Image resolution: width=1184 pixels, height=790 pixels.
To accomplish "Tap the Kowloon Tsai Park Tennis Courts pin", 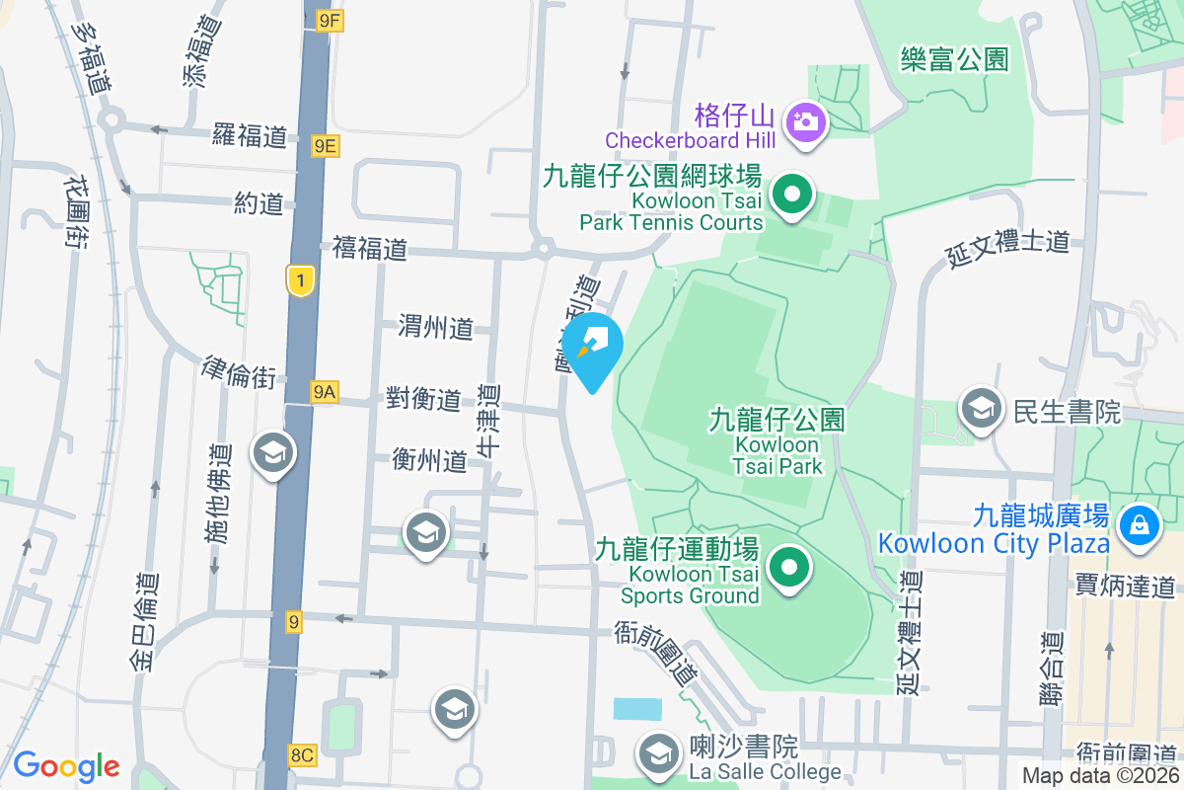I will coord(791,195).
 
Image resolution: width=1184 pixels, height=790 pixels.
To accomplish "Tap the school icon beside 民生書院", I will coord(981,409).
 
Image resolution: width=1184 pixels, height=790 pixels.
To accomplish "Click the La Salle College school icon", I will coord(657,754).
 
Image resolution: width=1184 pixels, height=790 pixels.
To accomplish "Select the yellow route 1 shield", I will coord(301,281).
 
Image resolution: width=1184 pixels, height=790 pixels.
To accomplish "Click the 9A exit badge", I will coord(324,393).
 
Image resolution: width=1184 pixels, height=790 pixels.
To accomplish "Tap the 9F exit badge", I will coord(330,20).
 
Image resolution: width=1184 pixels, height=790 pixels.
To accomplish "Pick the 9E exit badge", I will coord(326,146).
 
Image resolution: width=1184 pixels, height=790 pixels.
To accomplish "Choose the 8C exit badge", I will coord(302,755).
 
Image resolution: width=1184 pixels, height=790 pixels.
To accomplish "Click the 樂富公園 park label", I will coord(954,59).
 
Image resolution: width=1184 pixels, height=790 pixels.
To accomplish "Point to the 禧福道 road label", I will coord(370,248).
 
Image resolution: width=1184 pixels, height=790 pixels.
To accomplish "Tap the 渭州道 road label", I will coord(436,327).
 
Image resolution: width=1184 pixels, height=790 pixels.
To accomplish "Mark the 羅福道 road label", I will coord(250,135).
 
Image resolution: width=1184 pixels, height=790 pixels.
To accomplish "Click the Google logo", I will coord(66,766).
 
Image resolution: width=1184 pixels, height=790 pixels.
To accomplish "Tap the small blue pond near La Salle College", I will coord(637,708).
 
